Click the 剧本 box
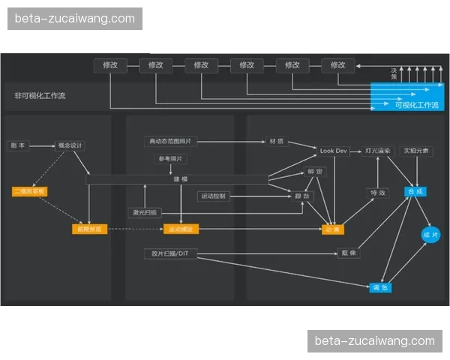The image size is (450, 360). (x=18, y=145)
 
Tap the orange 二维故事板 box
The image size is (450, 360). (x=30, y=192)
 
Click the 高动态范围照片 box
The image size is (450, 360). (x=169, y=141)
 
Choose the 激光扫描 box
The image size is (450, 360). (x=145, y=212)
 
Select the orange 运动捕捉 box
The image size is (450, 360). (x=181, y=229)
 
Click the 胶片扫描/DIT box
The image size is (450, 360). (x=171, y=253)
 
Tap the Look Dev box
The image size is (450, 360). (x=334, y=151)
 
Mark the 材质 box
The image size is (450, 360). (x=275, y=141)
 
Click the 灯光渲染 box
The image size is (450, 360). (x=377, y=151)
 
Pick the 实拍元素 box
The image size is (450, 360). (x=415, y=151)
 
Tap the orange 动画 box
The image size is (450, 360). (x=332, y=229)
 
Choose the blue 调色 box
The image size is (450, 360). (x=380, y=287)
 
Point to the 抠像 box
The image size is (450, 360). (x=349, y=253)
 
